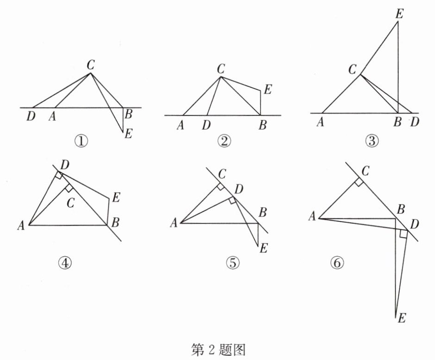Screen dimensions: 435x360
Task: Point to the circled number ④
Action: [x=66, y=262]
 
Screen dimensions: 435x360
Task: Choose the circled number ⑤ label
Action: [x=233, y=263]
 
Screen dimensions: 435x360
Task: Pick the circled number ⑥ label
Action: [x=337, y=263]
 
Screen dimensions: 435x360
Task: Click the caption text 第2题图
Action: [x=217, y=348]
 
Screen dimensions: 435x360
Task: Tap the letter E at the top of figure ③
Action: [x=399, y=14]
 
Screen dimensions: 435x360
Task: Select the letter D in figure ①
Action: [x=31, y=116]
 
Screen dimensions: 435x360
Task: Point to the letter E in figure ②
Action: [x=268, y=90]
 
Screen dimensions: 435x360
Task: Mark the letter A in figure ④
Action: [x=21, y=226]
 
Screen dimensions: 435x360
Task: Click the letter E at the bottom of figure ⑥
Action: [x=402, y=318]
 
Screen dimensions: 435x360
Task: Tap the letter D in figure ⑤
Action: [x=239, y=189]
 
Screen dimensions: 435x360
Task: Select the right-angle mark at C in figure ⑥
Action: [x=358, y=182]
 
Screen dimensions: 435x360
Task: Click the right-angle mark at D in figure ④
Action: [x=59, y=175]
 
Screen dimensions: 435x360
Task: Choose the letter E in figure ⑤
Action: [x=264, y=248]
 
